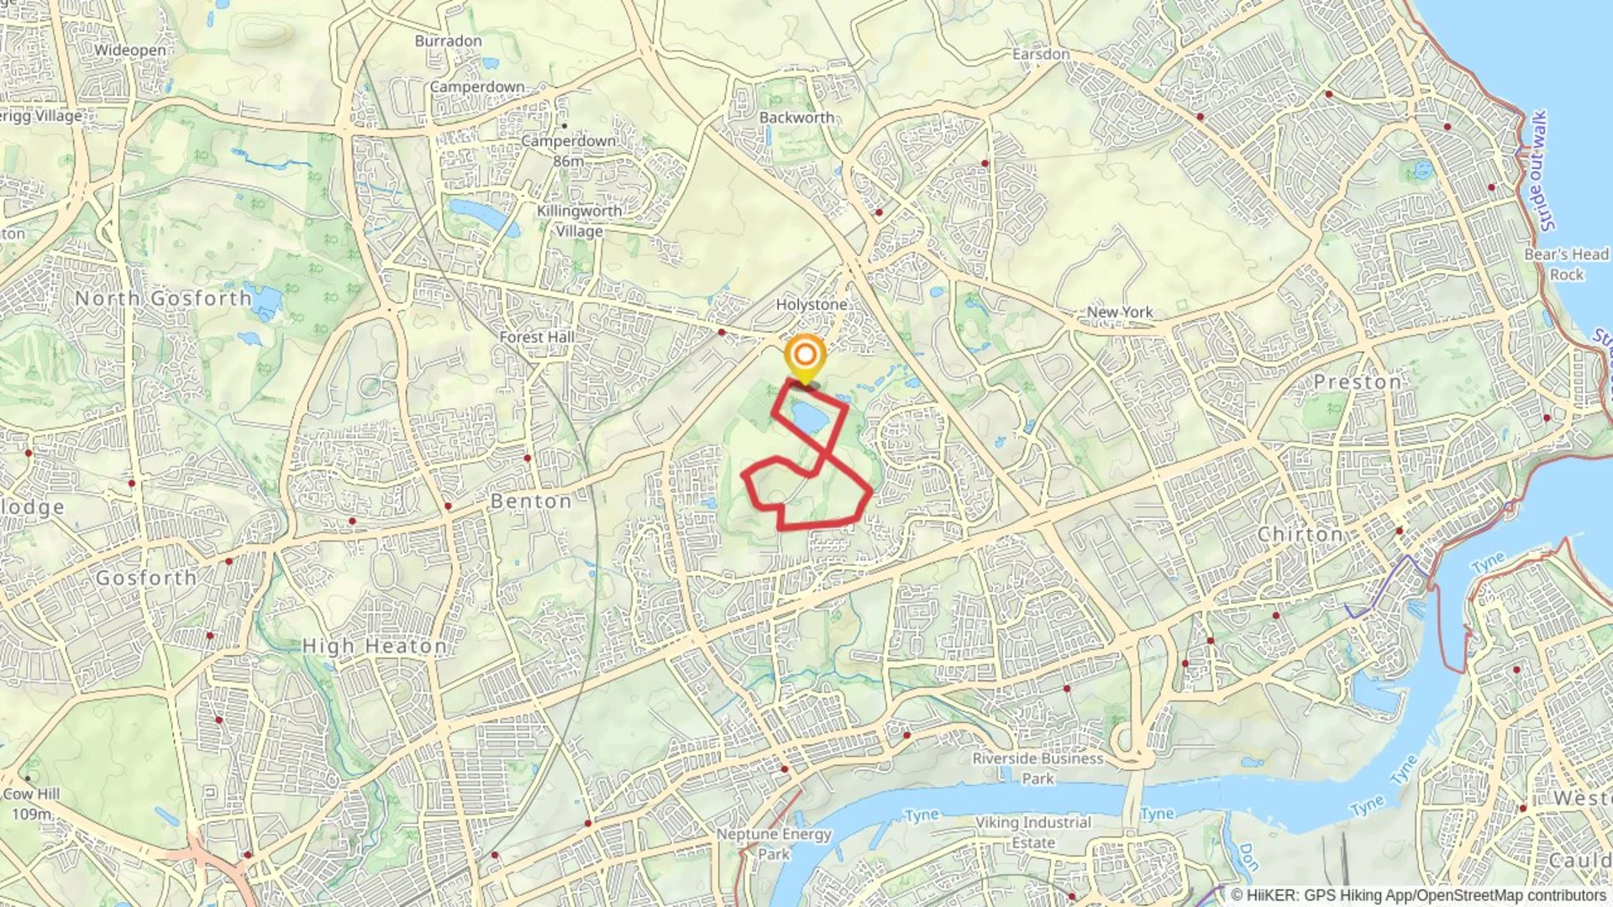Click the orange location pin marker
point(805,356)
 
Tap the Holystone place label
point(811,304)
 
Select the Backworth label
point(796,118)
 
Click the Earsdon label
point(1041,54)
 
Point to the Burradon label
point(448,40)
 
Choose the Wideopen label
point(129,50)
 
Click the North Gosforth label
point(163,298)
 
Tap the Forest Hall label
point(537,337)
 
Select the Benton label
point(531,501)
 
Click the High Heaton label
point(375,646)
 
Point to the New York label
point(1120,312)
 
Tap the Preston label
point(1358,382)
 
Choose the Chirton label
point(1300,534)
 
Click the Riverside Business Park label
point(1038,768)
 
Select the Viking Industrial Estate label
point(1033,832)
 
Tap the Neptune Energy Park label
point(773,844)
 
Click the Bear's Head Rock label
point(1566,264)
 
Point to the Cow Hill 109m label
point(32,804)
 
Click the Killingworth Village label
point(579,221)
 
